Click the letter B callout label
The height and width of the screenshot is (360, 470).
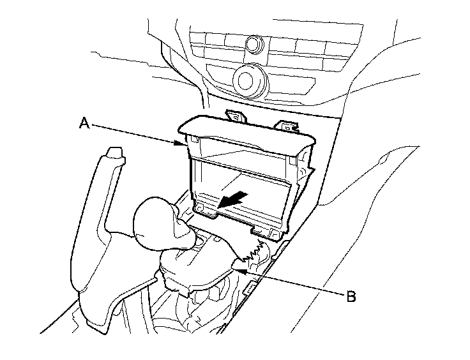(x=351, y=296)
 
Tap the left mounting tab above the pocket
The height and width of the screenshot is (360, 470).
(x=236, y=117)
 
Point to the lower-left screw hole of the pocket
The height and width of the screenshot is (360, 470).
(x=201, y=207)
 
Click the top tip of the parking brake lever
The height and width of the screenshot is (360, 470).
(x=115, y=152)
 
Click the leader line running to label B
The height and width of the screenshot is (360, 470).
(x=294, y=283)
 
